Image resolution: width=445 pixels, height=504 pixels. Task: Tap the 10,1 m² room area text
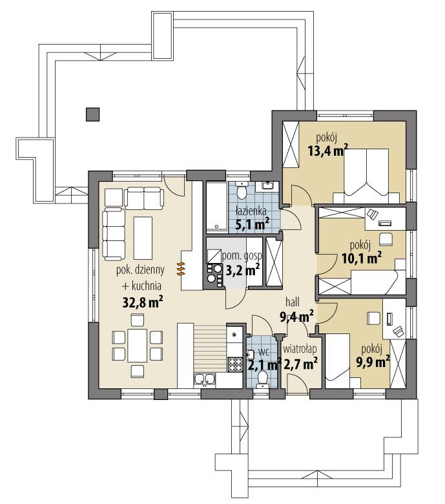(x=360, y=258)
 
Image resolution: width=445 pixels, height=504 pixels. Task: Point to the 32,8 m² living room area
(x=141, y=302)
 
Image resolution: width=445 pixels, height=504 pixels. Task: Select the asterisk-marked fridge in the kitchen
(x=234, y=335)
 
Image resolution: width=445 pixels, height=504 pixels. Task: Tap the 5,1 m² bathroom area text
(x=251, y=224)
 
